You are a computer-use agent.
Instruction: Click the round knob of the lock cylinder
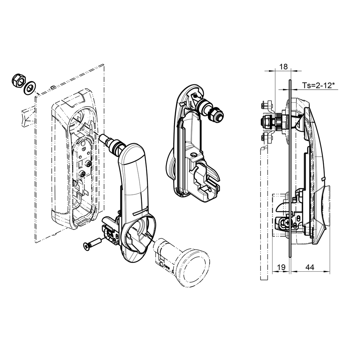(192, 268)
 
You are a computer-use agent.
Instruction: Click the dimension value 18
(283, 67)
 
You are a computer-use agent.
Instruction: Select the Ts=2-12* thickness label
(318, 85)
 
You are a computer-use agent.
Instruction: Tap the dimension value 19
(281, 268)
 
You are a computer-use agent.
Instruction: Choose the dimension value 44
(309, 268)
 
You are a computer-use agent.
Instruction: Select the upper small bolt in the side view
(266, 105)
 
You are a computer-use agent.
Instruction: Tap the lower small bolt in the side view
(266, 139)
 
